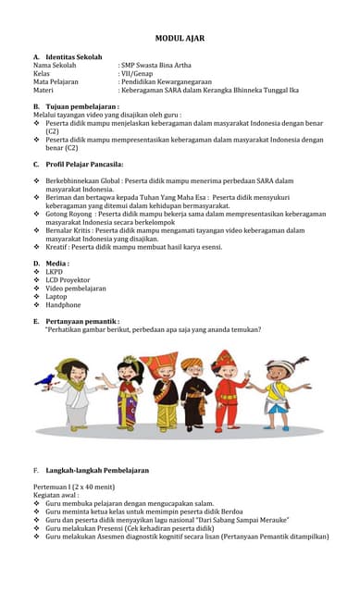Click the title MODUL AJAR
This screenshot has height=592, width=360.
coord(180,38)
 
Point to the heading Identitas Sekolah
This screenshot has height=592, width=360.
coord(73,56)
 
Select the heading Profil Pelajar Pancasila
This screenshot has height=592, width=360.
coord(91,164)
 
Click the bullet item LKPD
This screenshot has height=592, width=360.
coord(55,272)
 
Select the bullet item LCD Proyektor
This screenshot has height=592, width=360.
coord(68,280)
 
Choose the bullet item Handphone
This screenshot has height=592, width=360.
coord(63,305)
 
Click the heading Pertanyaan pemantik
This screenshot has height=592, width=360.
coord(88,320)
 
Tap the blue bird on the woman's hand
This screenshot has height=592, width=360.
coord(46,378)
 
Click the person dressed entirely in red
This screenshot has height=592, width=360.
coord(226,388)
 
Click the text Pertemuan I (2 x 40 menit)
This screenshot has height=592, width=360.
coord(74,487)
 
